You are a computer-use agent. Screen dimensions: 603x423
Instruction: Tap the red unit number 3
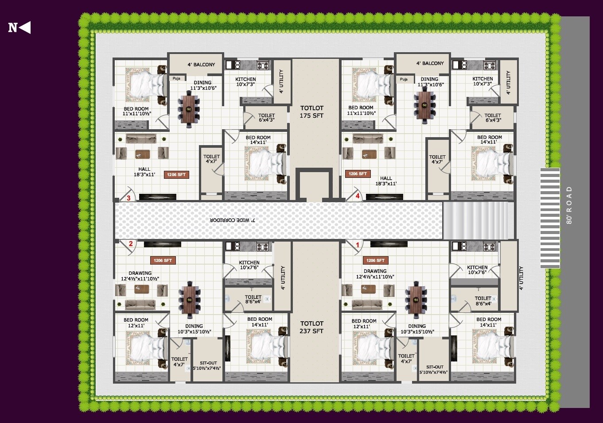coord(128,198)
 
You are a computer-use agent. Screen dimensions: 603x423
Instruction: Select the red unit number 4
coord(358,196)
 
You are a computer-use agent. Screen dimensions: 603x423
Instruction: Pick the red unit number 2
coord(131,244)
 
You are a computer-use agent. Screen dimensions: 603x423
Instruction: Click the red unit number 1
coord(358,245)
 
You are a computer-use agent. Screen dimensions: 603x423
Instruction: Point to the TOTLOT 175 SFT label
coord(312,112)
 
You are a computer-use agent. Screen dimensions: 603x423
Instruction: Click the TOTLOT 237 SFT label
coord(311,327)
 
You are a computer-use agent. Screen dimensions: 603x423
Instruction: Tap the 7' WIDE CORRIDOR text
coord(232,220)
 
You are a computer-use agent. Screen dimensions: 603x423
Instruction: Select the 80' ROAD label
coord(569,205)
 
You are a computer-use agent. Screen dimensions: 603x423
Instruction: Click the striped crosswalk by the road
coord(550,218)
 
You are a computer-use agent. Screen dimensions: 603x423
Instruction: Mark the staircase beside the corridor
coord(475,220)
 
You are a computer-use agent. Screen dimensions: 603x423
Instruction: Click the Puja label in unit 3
coord(176,78)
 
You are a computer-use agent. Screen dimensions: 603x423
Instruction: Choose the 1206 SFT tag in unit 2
coord(163,260)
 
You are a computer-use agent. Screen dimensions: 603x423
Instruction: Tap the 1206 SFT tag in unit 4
coord(358,174)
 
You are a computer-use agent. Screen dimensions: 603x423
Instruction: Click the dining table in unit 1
coord(416,300)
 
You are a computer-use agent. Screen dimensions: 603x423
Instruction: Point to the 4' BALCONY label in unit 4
coord(430,63)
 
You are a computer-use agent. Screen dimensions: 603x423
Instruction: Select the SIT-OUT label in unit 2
coord(207,365)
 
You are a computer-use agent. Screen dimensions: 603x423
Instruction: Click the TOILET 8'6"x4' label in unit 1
coord(483,300)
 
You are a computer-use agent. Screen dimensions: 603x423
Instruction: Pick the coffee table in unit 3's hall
coord(143,154)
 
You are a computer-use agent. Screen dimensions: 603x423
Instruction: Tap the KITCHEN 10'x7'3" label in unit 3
coord(245,81)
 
